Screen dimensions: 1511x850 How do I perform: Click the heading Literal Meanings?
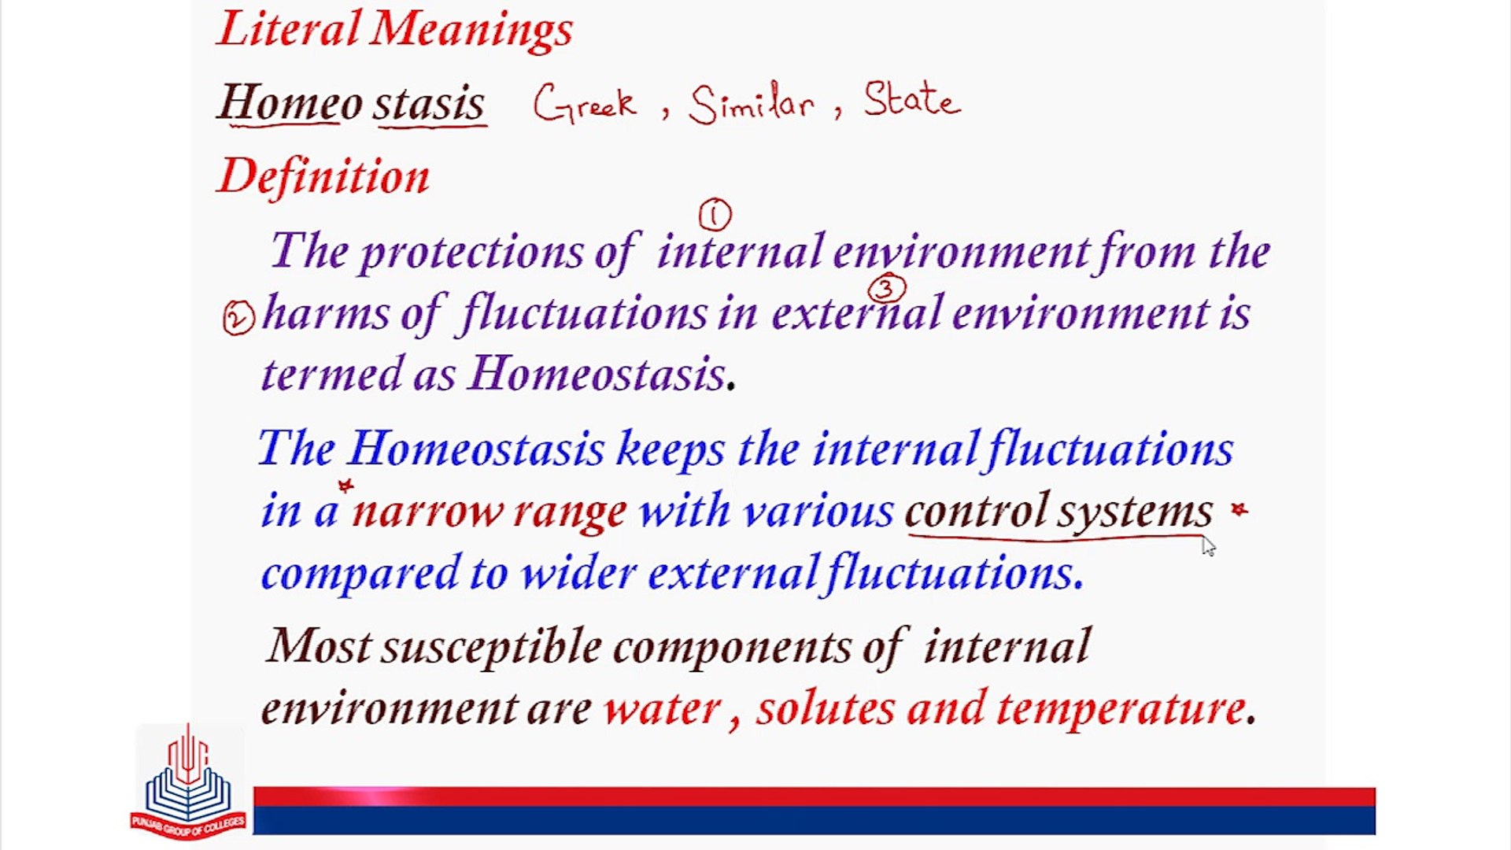(396, 30)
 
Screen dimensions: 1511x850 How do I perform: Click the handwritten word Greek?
(584, 103)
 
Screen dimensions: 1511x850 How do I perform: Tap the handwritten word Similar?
(751, 103)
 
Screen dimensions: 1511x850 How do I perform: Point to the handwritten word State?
(912, 99)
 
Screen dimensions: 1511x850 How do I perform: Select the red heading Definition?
(323, 176)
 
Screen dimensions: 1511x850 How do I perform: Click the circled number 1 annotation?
(715, 215)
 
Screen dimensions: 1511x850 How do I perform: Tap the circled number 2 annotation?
(238, 319)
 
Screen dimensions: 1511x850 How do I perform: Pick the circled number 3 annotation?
(886, 290)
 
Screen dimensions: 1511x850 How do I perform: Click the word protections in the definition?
(471, 253)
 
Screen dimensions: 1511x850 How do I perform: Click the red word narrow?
(427, 512)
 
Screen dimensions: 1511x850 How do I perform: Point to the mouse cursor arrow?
(1208, 545)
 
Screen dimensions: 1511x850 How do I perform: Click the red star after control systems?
(1239, 510)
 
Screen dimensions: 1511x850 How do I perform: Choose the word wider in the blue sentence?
(578, 572)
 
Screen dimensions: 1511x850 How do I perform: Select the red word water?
(662, 708)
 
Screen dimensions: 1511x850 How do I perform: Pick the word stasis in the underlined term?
(429, 103)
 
